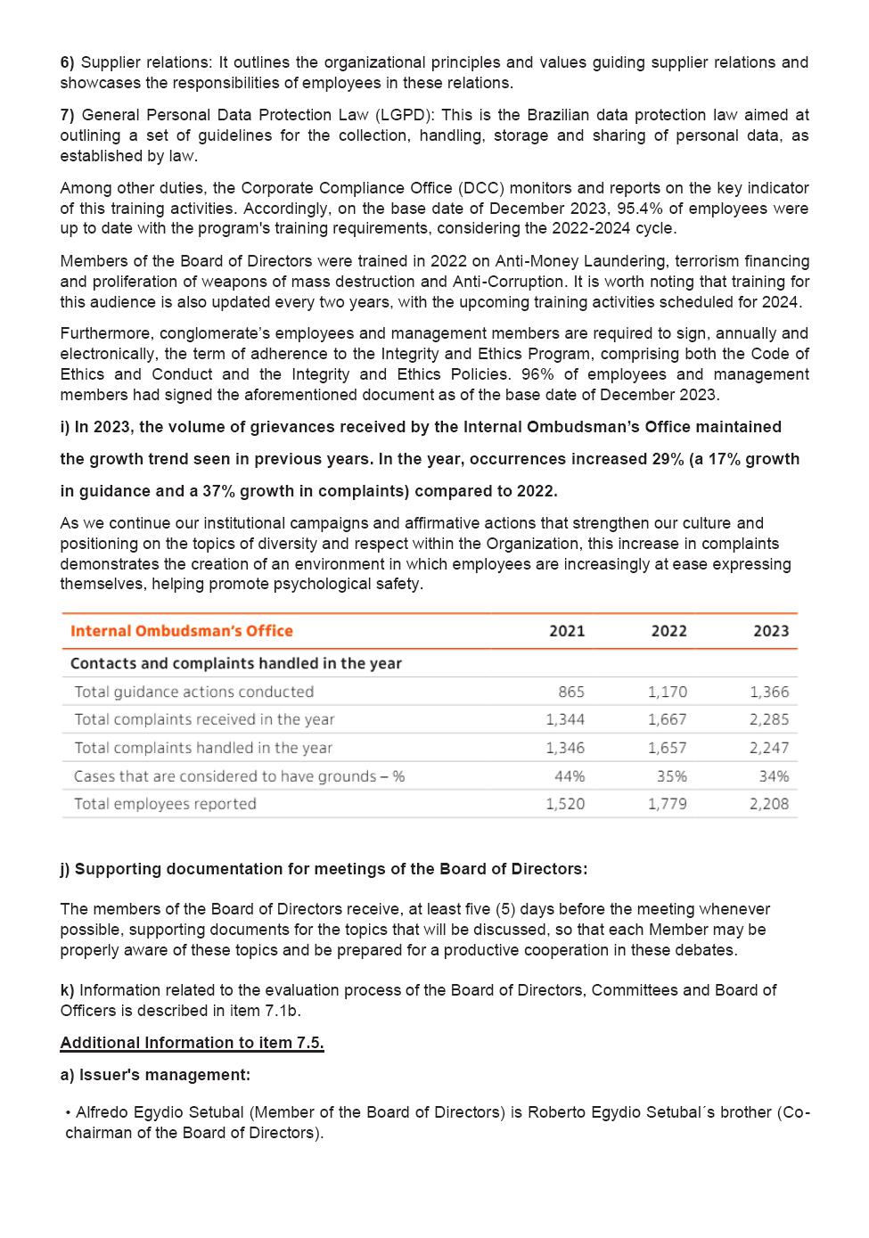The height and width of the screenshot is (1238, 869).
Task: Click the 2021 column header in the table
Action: point(567,631)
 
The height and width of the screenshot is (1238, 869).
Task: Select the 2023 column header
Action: point(771,631)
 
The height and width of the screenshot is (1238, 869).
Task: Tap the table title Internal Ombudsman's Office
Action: point(182,631)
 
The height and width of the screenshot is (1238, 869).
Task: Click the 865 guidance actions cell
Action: point(571,692)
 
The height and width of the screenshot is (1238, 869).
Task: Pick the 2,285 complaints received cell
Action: point(769,719)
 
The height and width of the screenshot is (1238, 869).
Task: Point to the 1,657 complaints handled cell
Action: point(668,748)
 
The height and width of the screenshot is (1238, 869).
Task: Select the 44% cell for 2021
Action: point(570,776)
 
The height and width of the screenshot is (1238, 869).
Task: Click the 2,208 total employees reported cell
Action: point(769,804)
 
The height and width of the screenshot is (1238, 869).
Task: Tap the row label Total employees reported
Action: point(165,804)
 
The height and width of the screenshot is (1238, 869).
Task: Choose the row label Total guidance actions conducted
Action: point(193,692)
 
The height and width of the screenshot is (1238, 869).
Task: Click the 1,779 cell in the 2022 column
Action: point(668,804)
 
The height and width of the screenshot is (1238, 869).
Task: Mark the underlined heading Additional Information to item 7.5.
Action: point(192,1043)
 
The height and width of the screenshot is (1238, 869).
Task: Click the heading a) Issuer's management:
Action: point(155,1075)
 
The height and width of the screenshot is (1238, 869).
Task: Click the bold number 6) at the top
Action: point(68,62)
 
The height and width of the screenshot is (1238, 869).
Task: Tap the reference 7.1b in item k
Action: point(285,1011)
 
